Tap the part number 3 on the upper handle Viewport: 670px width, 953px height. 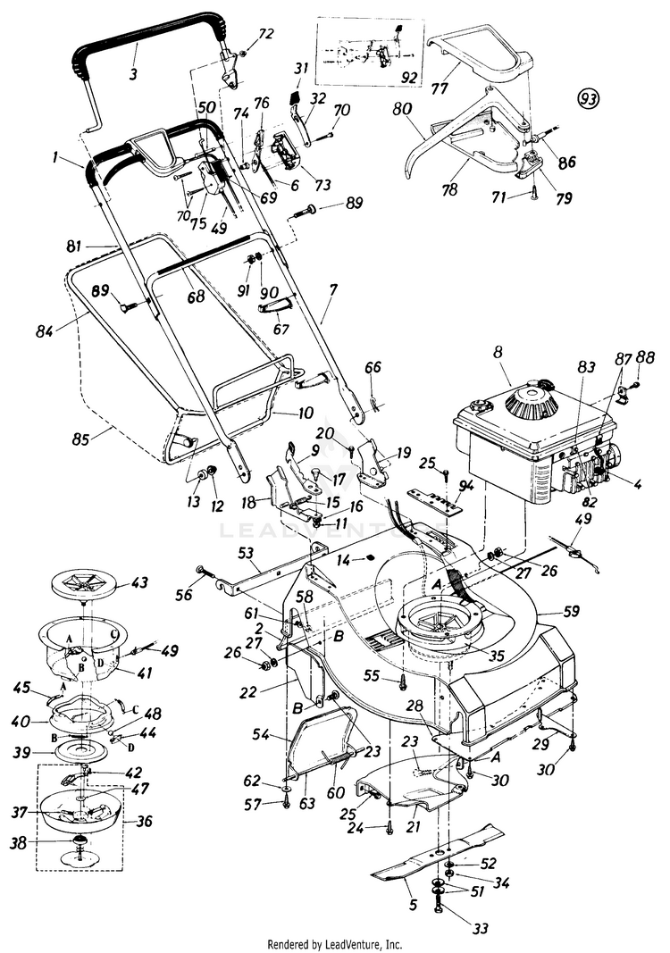(134, 73)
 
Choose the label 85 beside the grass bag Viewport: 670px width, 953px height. (82, 439)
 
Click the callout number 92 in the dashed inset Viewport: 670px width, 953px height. (410, 77)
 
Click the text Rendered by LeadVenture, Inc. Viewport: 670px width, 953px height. (335, 943)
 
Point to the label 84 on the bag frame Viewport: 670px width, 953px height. (46, 331)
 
